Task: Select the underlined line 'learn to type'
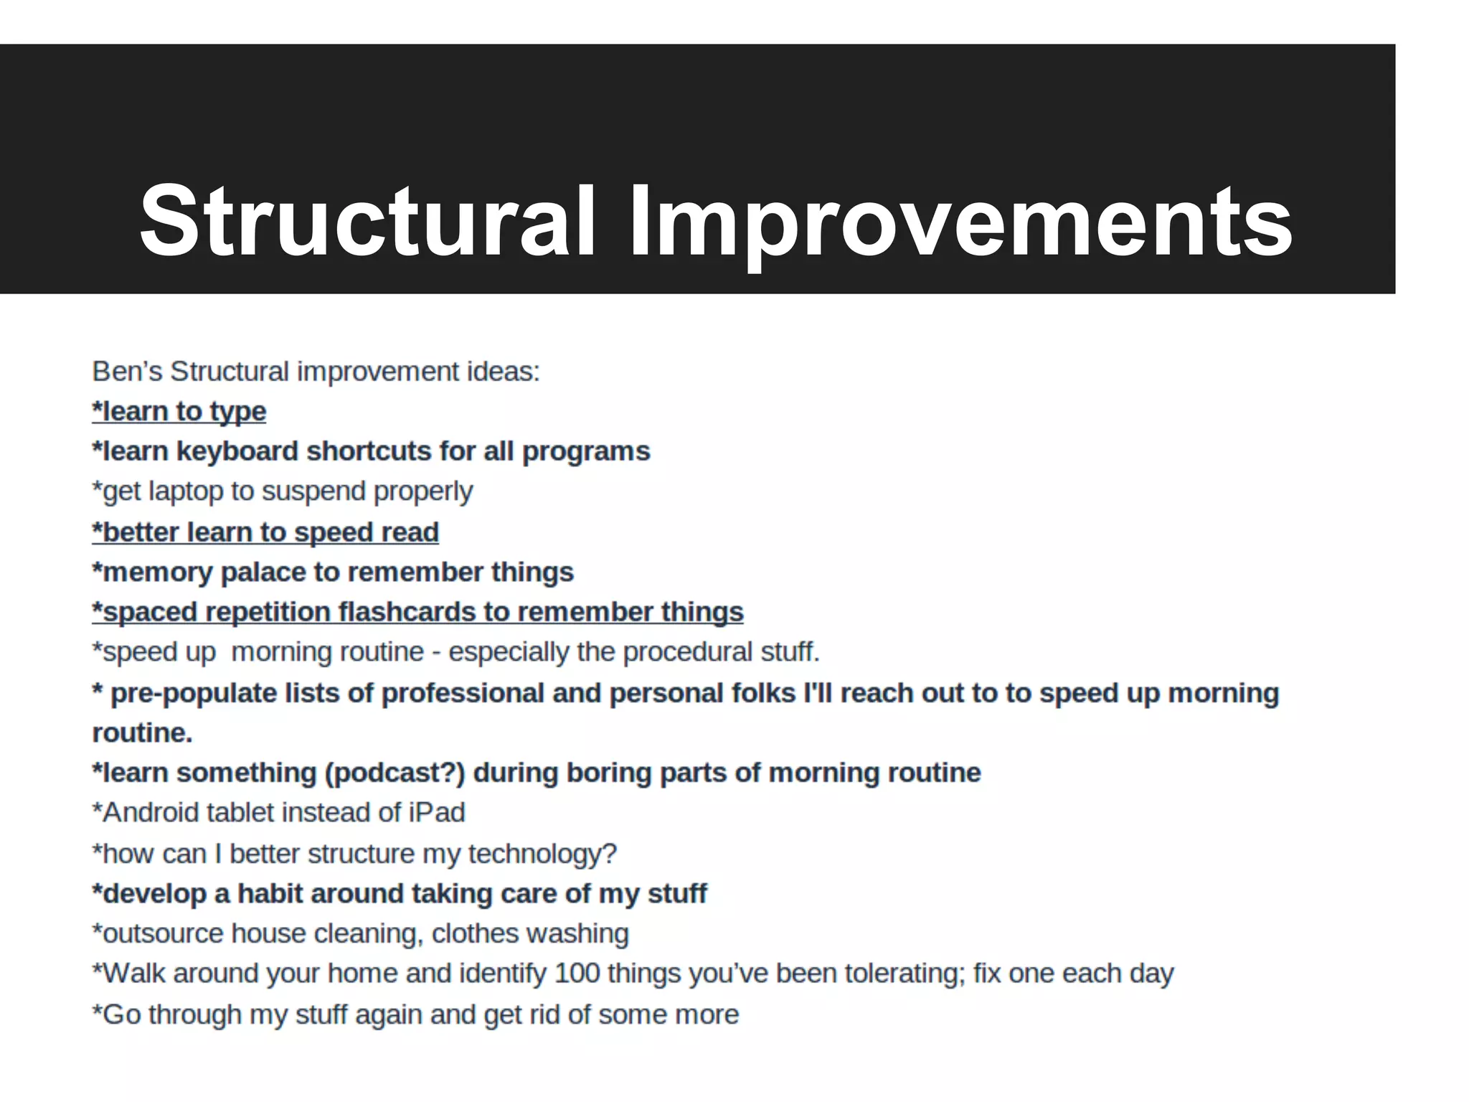(x=179, y=411)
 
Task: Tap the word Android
(x=150, y=813)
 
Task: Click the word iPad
(x=437, y=813)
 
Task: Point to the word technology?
(x=542, y=854)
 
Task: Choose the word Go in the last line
(x=121, y=1014)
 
